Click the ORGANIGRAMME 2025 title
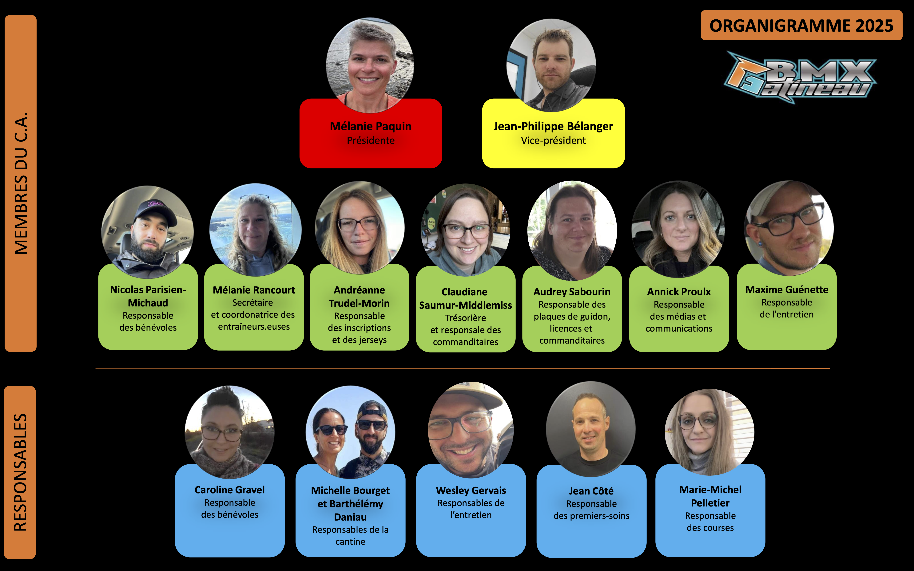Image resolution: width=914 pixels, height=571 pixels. (x=801, y=26)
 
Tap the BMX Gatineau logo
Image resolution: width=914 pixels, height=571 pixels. (x=800, y=77)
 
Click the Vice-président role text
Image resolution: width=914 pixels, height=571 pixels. (x=553, y=140)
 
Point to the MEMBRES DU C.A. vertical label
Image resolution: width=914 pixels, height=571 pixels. (x=21, y=183)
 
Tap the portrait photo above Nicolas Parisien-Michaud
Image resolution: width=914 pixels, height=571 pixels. (x=148, y=231)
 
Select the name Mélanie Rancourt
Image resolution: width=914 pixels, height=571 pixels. (x=254, y=290)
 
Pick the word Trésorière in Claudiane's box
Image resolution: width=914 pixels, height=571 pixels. (x=465, y=318)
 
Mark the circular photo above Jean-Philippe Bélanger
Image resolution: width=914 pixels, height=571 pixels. (x=551, y=65)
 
